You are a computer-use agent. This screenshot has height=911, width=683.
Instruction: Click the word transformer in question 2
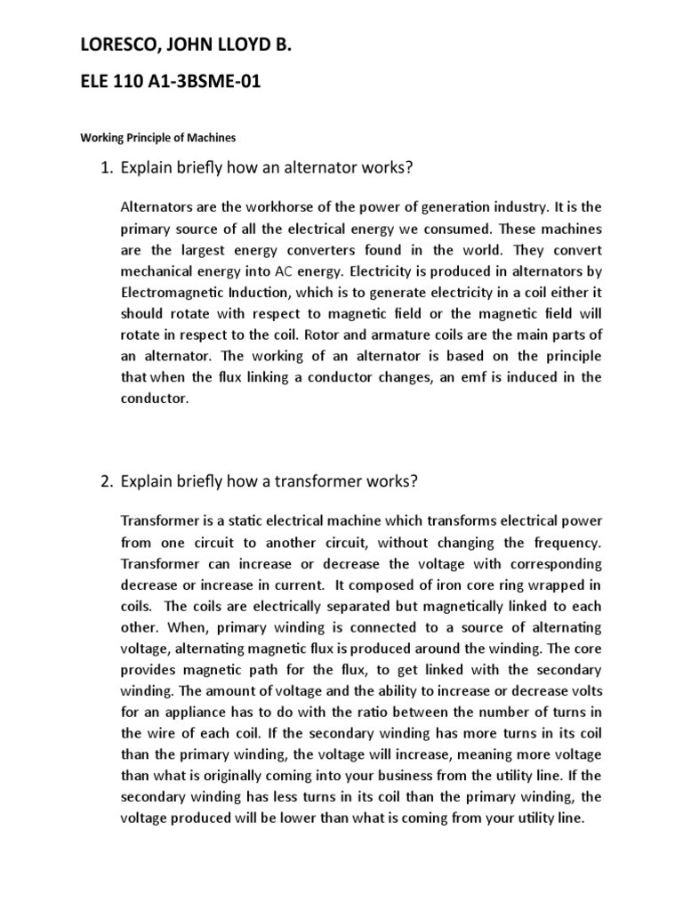click(327, 482)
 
